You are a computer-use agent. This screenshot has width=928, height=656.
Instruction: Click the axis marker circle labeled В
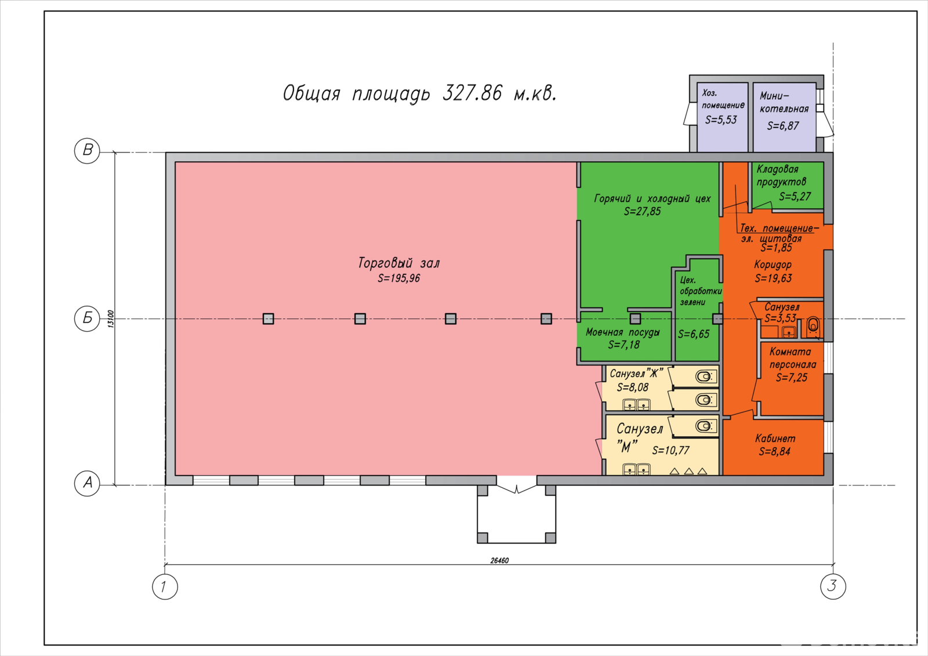pos(87,150)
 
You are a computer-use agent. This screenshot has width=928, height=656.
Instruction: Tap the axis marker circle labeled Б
pos(87,318)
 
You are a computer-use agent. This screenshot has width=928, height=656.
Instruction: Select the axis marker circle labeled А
pos(87,483)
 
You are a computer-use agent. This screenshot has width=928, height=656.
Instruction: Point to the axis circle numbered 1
pos(165,586)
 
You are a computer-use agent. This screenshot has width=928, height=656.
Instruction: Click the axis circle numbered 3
pos(833,586)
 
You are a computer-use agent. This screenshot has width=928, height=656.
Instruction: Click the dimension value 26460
pos(499,560)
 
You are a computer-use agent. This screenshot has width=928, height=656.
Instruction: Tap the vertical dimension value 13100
pos(111,319)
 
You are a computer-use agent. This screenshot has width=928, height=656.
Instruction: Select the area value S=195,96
pos(398,278)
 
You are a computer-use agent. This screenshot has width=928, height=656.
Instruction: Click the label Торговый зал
pos(398,263)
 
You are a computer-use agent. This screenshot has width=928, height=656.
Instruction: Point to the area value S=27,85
pos(642,211)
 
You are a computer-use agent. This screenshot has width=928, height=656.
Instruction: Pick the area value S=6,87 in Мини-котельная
pos(782,125)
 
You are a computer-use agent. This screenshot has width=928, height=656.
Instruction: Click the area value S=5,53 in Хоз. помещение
pos(721,119)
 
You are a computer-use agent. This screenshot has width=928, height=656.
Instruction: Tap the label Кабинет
pos(775,438)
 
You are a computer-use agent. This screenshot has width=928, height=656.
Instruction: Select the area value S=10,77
pos(670,451)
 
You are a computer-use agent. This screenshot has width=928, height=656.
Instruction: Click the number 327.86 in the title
pos(472,93)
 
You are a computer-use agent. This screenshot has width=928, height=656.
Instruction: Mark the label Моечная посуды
pos(623,332)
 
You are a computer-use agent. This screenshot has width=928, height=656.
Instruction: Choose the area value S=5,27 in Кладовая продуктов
pos(795,196)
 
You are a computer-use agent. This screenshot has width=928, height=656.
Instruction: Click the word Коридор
pos(773,264)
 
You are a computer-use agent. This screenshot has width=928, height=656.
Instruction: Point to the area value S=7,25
pos(791,378)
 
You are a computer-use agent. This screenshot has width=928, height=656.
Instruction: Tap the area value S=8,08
pos(633,387)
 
